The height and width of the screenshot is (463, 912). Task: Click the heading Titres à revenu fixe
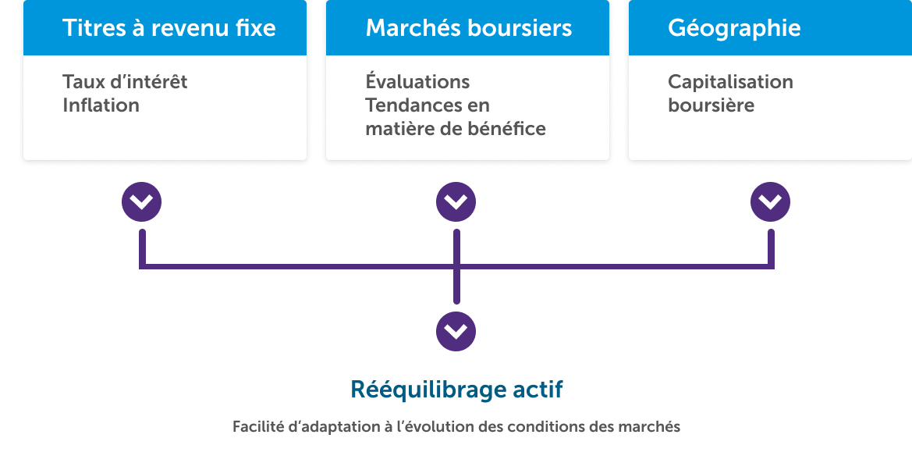click(x=169, y=29)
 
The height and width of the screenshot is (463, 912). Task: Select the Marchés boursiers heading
click(x=468, y=29)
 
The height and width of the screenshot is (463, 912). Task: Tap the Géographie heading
click(x=734, y=29)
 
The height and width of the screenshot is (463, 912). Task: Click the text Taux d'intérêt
click(x=125, y=82)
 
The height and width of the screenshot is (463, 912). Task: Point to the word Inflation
click(x=101, y=105)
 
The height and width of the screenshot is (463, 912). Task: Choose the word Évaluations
click(x=417, y=82)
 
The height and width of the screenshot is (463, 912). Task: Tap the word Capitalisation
click(x=730, y=82)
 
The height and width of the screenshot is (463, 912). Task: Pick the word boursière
click(x=711, y=105)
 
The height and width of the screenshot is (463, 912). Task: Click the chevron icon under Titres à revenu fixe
click(x=141, y=203)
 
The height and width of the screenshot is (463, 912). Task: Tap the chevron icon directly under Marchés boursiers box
click(x=456, y=203)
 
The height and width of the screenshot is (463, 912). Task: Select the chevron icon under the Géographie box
click(x=770, y=203)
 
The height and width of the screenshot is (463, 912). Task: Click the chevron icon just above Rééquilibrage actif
click(x=456, y=332)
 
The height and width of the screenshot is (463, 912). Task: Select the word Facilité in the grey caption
click(x=257, y=427)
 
